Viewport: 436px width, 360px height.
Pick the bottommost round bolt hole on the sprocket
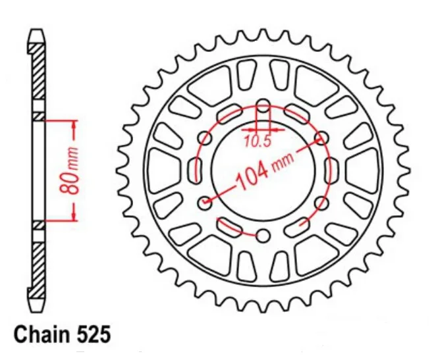[263, 236]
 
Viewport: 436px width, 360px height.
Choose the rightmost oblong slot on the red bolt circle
[331, 171]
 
